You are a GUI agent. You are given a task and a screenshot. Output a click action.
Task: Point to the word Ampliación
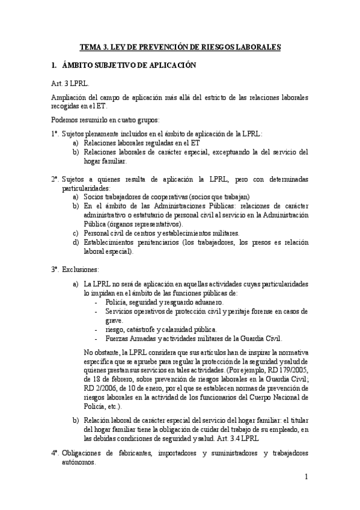(x=70, y=98)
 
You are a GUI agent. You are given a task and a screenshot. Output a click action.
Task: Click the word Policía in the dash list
(x=117, y=303)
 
